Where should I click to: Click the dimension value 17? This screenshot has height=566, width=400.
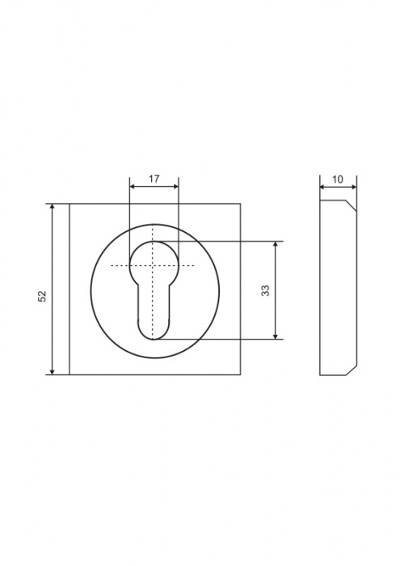pos(154,179)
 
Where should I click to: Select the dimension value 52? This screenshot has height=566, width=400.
pos(43,296)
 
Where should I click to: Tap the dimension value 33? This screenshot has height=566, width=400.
pos(266,290)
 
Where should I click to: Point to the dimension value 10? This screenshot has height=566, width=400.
pos(338,180)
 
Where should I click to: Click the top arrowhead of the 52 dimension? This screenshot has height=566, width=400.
pos(53,206)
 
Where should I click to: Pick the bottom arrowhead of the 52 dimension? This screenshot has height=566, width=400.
pos(53,372)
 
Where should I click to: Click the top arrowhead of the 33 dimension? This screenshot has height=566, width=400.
pos(276,243)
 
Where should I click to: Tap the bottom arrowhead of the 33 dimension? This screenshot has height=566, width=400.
pos(276,336)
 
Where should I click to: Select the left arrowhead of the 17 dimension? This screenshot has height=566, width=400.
pos(133,186)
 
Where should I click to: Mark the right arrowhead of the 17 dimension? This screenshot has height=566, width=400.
pos(175,186)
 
